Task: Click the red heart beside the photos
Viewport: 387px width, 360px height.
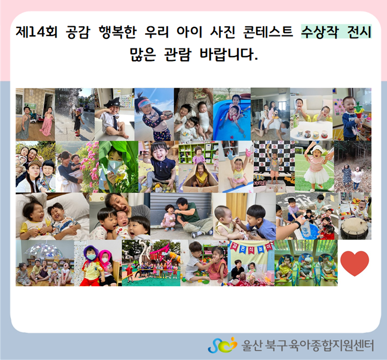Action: click(x=354, y=263)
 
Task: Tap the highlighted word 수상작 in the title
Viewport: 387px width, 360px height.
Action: click(x=319, y=32)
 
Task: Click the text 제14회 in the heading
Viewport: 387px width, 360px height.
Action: click(x=37, y=32)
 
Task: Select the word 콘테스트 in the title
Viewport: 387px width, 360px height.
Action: click(x=268, y=32)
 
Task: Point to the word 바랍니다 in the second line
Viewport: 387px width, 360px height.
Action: click(x=229, y=54)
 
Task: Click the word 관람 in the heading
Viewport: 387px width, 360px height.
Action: click(x=178, y=54)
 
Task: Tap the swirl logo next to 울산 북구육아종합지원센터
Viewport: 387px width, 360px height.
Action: click(x=222, y=345)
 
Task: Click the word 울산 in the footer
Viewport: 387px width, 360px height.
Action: click(x=252, y=345)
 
